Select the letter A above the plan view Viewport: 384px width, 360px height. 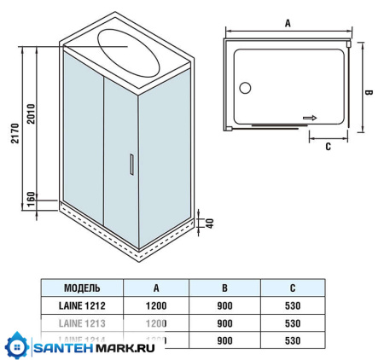288,24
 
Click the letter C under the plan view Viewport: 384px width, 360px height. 328,146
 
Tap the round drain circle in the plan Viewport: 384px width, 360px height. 246,87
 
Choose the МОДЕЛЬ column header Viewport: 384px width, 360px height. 82,287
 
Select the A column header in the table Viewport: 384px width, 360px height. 156,287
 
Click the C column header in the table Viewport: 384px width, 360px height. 294,287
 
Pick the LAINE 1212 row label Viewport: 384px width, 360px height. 82,305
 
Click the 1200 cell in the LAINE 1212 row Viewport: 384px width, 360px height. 156,305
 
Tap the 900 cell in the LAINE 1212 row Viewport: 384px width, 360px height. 224,305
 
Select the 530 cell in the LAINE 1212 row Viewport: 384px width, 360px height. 294,305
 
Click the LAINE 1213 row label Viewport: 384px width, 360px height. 82,323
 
